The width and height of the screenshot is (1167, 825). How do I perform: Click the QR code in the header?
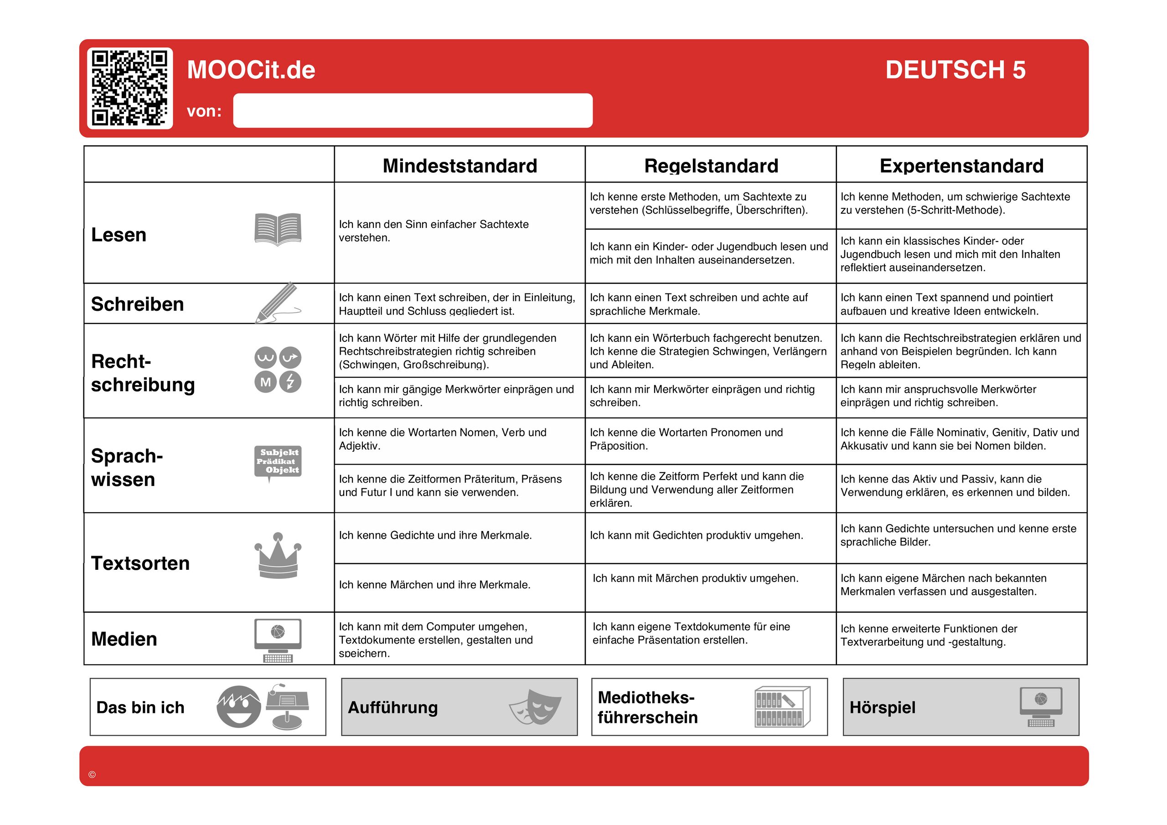(129, 88)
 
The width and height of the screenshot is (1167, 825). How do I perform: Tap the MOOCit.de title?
(251, 70)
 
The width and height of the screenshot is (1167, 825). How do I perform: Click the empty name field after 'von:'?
(412, 110)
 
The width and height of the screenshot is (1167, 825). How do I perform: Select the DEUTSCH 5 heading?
(955, 70)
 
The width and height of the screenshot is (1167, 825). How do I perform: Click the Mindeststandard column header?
(460, 166)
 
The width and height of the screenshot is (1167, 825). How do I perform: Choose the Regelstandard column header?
(711, 166)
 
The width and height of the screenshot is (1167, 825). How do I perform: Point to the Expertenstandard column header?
(961, 166)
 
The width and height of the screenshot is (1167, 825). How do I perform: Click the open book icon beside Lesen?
(278, 229)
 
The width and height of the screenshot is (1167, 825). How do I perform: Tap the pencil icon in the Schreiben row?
(277, 303)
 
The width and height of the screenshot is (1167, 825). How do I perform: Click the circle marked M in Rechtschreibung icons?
(265, 382)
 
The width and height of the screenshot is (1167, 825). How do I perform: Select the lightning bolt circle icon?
(290, 382)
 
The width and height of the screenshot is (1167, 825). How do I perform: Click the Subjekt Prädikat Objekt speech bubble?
(278, 462)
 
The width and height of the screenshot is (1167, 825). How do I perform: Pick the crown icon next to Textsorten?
(278, 556)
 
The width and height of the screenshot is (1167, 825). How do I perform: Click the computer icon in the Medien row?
(278, 639)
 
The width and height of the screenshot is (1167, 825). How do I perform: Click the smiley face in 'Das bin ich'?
(238, 706)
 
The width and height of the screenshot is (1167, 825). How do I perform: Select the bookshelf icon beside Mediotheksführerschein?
(782, 706)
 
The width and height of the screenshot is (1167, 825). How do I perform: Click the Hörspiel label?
(883, 707)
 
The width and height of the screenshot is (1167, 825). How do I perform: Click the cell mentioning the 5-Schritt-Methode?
(960, 204)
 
